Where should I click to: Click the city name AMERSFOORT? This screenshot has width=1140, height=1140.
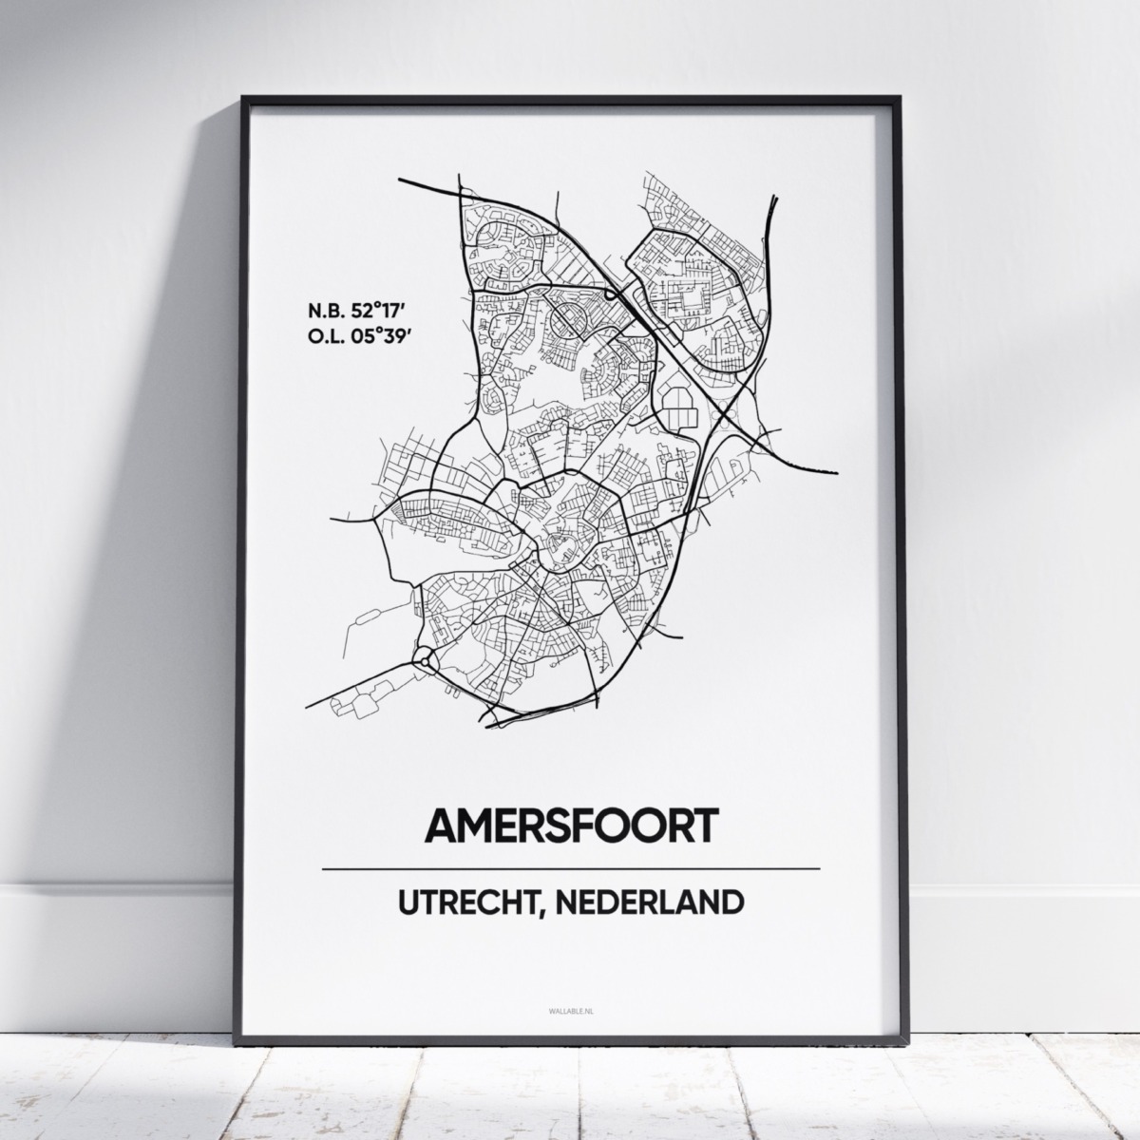coord(570,826)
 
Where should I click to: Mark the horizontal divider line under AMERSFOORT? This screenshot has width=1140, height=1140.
coord(570,868)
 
